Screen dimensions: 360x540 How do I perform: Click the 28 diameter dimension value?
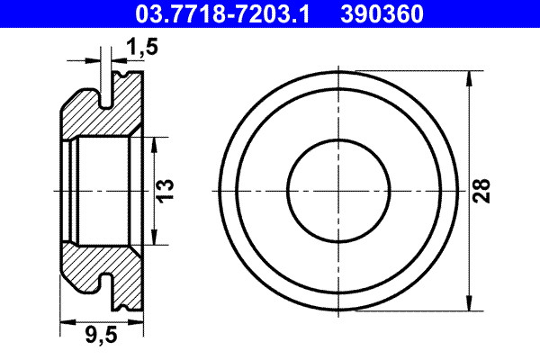(483, 190)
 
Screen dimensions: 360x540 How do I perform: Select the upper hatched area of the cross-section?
(90, 117)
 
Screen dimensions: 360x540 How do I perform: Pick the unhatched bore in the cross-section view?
(103, 190)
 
